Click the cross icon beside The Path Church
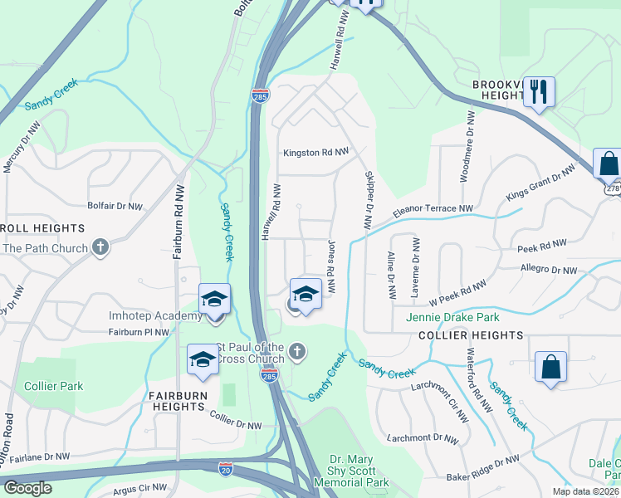pos(100,247)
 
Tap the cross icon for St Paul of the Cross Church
pos(298,352)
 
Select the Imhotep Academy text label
pos(156,315)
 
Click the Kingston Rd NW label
pos(316,153)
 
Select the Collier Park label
pos(53,386)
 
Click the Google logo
pos(27,488)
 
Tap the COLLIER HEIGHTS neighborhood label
pos(471,335)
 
